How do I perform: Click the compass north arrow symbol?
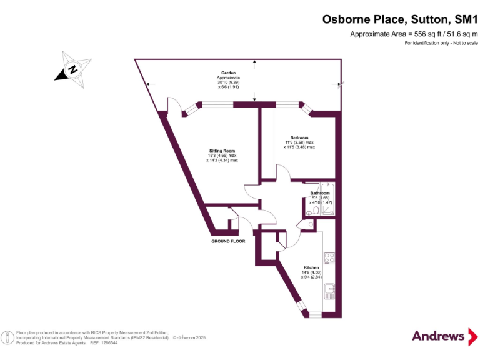click(72, 69)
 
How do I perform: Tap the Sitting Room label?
click(222, 151)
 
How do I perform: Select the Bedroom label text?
click(299, 137)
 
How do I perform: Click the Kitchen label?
click(311, 267)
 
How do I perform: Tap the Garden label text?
click(228, 73)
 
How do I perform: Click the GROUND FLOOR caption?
click(228, 241)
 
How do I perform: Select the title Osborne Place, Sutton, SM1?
click(400, 19)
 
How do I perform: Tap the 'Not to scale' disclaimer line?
click(441, 43)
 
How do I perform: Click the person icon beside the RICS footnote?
click(7, 338)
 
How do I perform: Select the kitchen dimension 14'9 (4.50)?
click(311, 272)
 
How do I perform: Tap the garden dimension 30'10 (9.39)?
click(228, 82)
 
